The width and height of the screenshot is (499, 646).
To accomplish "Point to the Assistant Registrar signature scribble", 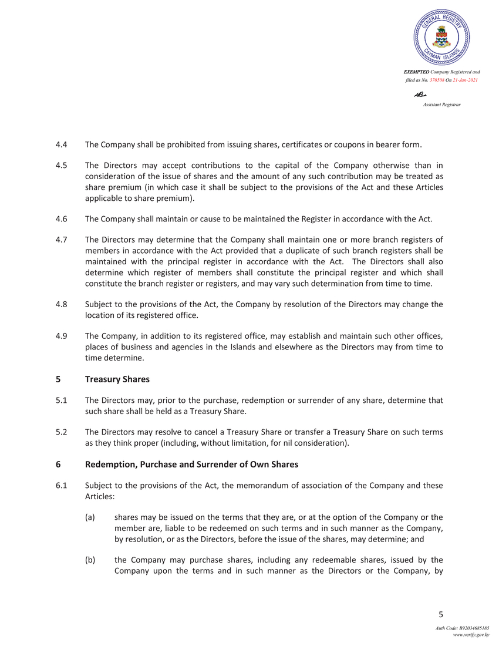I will (420, 94).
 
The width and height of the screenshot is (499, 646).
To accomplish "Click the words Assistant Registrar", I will (441, 104).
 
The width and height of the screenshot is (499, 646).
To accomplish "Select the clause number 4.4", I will (61, 144).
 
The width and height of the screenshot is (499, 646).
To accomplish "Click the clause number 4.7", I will (61, 240).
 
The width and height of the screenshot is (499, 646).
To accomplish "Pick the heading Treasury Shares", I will (117, 379).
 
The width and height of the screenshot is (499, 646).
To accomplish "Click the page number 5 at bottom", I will (441, 615).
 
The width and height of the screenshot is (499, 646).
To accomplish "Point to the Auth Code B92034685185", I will (462, 628).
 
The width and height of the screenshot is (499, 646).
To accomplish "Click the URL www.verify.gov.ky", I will (470, 635).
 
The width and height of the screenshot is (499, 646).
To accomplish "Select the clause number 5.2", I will (61, 432).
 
